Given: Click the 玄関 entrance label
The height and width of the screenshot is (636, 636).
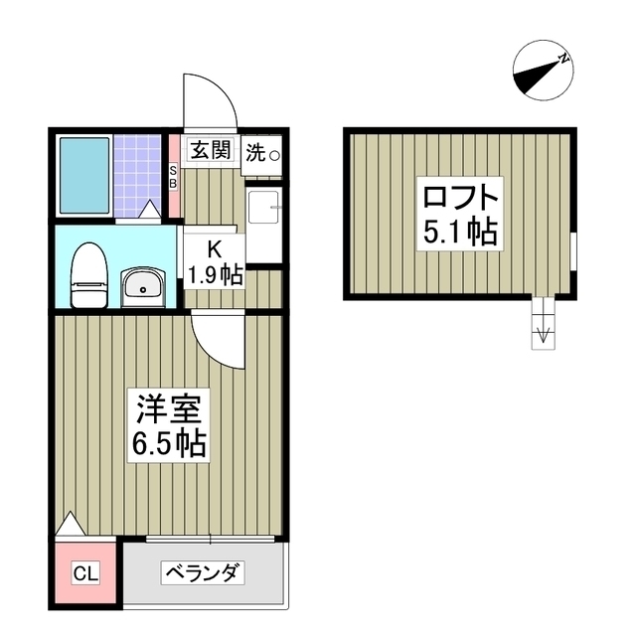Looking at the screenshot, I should [211, 151].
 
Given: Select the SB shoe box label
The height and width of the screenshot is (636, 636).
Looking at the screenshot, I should [173, 175].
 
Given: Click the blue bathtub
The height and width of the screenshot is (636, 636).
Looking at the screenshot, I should [83, 175].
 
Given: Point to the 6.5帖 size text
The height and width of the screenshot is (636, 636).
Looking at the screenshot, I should [169, 443].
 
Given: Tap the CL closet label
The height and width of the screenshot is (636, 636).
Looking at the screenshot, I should [85, 573].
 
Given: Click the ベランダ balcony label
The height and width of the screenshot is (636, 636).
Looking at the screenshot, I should [204, 572].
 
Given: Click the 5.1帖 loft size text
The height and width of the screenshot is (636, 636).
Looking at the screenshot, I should [460, 232].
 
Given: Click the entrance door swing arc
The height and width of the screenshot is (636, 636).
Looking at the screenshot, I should [208, 98].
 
